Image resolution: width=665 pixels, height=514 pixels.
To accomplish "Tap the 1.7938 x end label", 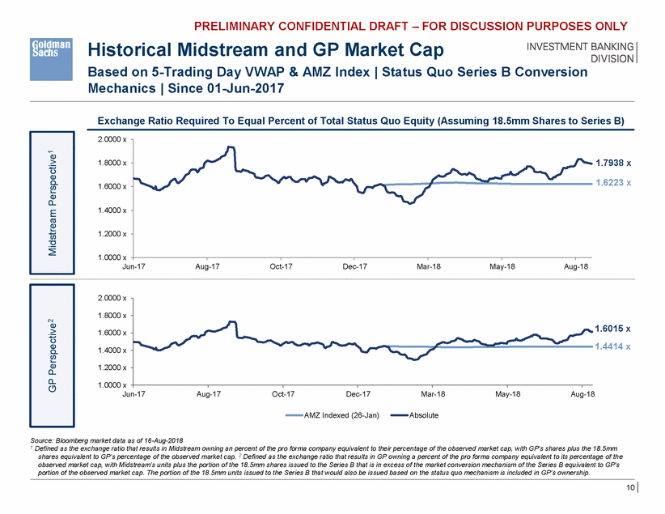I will (x=612, y=164).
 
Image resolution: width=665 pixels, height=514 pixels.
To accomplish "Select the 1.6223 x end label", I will (x=612, y=183).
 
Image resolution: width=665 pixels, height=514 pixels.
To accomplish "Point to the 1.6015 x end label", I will (x=612, y=329).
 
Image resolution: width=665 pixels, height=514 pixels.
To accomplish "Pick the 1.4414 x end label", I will (x=612, y=346).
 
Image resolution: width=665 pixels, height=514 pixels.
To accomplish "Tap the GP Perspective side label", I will (x=52, y=333).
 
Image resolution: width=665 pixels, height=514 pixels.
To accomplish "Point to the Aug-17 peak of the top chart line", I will (x=231, y=147).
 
